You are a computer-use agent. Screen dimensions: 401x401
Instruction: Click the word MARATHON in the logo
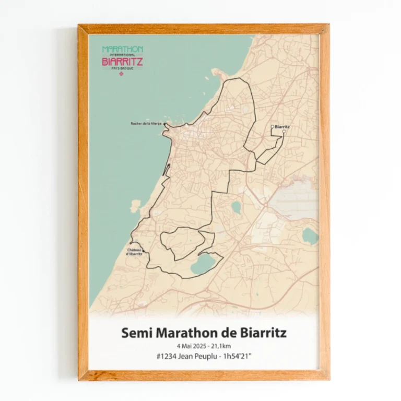pos(123,49)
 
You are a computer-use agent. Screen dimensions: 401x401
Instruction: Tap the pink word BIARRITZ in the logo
pos(123,61)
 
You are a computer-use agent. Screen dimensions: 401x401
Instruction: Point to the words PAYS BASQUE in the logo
pos(123,68)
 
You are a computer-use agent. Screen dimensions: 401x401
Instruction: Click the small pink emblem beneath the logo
pos(123,74)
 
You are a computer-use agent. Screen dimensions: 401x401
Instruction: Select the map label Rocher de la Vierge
pos(146,124)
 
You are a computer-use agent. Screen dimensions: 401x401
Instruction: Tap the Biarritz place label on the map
pos(282,127)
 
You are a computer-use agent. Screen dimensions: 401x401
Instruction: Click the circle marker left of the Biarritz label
pos(272,126)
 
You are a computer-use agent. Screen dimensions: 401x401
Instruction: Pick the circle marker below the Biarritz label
pos(284,133)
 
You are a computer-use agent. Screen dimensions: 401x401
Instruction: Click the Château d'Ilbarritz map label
pos(135,252)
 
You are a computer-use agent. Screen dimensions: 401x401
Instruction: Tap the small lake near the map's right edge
pos(310,236)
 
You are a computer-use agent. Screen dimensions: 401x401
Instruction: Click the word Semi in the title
pos(135,333)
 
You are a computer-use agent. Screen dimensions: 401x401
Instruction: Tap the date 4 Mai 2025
pos(191,346)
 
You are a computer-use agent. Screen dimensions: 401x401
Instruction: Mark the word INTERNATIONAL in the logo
pos(123,55)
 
